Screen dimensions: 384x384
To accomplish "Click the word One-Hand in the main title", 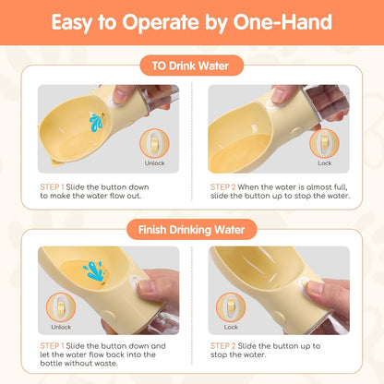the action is [282, 22].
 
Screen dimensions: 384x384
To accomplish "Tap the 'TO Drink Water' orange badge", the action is [191, 66].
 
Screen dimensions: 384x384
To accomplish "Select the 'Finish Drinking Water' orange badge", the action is [191, 230].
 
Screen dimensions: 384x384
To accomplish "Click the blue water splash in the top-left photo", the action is [96, 123].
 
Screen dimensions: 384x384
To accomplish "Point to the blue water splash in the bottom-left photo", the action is [93, 270].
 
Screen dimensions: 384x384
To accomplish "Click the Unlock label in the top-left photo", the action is [154, 163].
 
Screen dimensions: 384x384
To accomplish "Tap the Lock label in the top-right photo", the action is [325, 163].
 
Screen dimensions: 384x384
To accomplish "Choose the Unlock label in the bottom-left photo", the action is [61, 327].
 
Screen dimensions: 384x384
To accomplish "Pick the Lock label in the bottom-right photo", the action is [231, 327].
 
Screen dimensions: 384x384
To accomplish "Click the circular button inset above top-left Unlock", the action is [154, 144].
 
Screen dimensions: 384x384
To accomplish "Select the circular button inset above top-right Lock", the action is [324, 144].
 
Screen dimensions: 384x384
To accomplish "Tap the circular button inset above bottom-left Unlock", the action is [61, 307].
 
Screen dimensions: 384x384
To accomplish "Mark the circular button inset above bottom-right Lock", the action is [231, 307].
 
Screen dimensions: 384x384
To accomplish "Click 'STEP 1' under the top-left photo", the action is [52, 187].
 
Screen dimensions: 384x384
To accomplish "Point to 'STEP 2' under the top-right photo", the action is [223, 187].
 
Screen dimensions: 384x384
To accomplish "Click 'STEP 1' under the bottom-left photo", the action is [52, 346].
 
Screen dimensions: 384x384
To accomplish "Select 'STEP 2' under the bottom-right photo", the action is [223, 346].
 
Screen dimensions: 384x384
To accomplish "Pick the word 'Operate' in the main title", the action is [161, 23].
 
